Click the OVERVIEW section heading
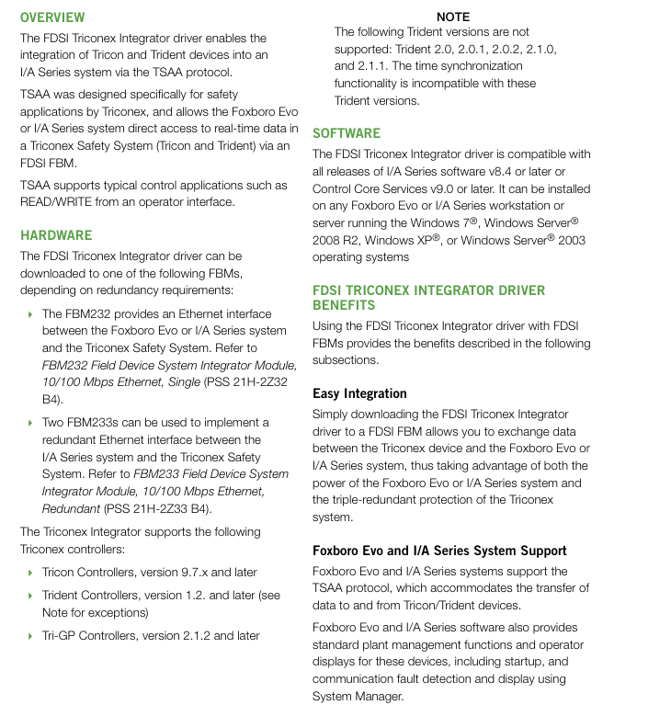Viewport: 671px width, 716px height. tap(52, 17)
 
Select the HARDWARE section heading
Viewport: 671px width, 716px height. tap(56, 235)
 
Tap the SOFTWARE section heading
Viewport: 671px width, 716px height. tap(347, 133)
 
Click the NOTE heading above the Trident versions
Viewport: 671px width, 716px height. tap(453, 17)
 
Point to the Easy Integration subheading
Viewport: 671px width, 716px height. tap(359, 393)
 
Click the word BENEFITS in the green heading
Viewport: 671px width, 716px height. tap(344, 305)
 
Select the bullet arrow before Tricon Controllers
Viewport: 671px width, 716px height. tap(30, 573)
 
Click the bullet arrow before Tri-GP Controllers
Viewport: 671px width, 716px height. tap(30, 636)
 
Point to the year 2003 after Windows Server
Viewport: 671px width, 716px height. tap(570, 241)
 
